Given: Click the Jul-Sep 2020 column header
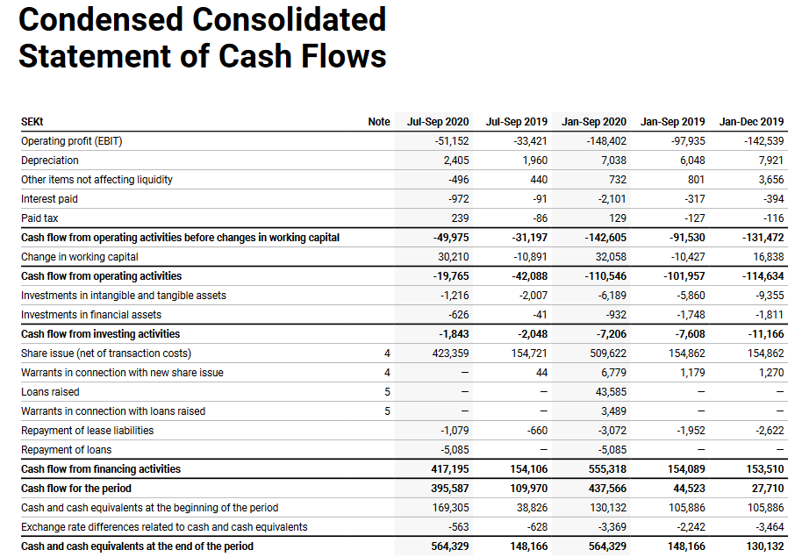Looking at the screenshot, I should pyautogui.click(x=438, y=122).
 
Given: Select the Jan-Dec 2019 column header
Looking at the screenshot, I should pyautogui.click(x=751, y=122).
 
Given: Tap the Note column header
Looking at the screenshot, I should pyautogui.click(x=379, y=122).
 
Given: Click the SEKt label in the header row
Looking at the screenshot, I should pyautogui.click(x=32, y=122).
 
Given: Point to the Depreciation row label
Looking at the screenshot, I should pyautogui.click(x=50, y=161).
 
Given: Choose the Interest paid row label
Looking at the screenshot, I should pyautogui.click(x=49, y=199).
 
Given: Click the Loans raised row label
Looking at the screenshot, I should pyautogui.click(x=50, y=392).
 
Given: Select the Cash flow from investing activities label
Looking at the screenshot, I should pyautogui.click(x=100, y=334).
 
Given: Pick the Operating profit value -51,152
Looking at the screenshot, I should pyautogui.click(x=452, y=141).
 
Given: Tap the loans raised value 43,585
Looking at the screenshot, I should pyautogui.click(x=611, y=392).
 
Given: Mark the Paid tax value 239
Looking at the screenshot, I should pyautogui.click(x=460, y=218).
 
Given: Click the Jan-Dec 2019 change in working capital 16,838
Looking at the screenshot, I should pyautogui.click(x=769, y=257).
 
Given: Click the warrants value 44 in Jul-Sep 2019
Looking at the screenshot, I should pyautogui.click(x=541, y=373).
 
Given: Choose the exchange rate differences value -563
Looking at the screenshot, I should pyautogui.click(x=457, y=527).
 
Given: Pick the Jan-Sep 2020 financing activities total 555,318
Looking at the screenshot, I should pyautogui.click(x=607, y=469).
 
